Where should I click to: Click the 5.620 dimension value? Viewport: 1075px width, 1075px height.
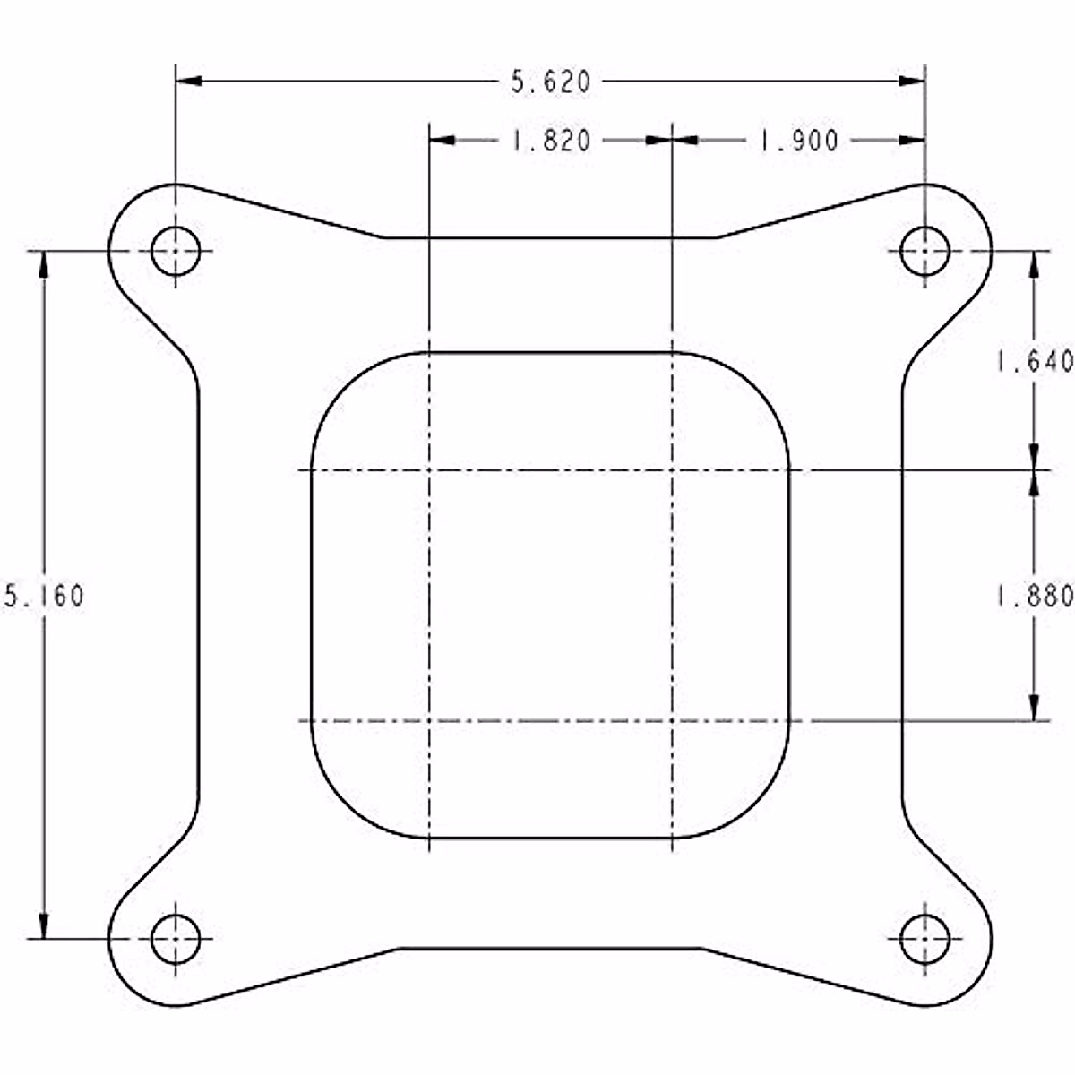point(551,82)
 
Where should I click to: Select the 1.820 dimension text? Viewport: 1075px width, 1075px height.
point(551,141)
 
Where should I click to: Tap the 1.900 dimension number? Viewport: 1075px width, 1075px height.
point(799,141)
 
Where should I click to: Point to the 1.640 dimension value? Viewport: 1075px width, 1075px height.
point(1035,361)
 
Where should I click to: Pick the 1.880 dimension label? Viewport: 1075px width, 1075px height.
point(1035,597)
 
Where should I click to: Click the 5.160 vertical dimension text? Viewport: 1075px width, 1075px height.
point(44,596)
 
